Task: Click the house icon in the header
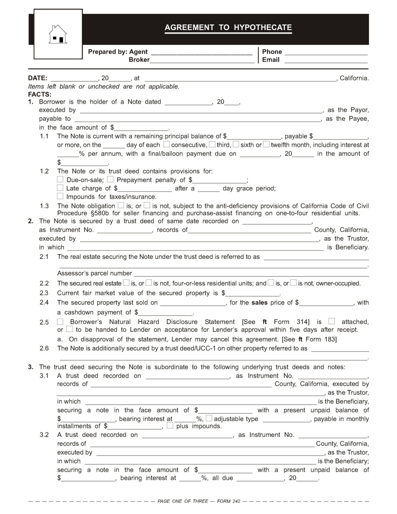coord(58,34)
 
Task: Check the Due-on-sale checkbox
coord(60,179)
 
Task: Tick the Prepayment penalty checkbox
coord(110,179)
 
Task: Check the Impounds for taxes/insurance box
coord(60,196)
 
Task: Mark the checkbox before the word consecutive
coord(167,144)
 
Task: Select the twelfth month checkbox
coord(266,144)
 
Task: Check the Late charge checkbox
coord(60,188)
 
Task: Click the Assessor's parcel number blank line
coord(251,274)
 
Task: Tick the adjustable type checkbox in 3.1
coord(209,418)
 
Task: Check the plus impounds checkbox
coord(170,426)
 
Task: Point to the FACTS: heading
coord(40,94)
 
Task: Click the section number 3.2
coord(44,435)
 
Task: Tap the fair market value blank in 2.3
coord(253,293)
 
